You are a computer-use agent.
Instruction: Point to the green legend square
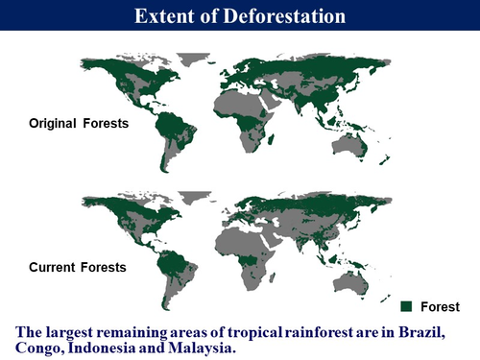click(406, 306)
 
